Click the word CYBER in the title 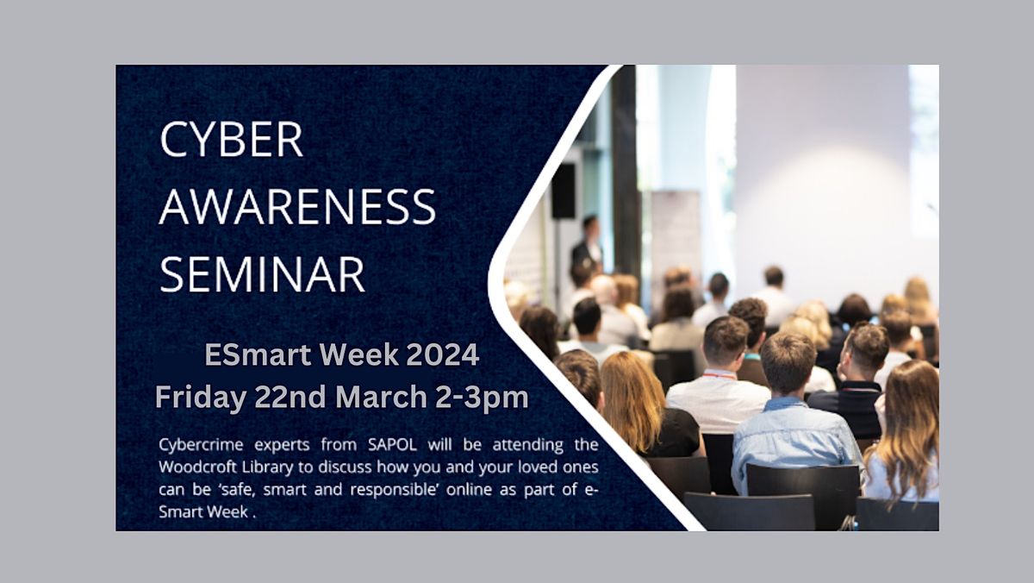(x=231, y=141)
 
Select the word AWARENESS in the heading (x=297, y=208)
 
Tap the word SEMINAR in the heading (x=263, y=274)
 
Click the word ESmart (x=256, y=354)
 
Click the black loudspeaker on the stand (x=563, y=191)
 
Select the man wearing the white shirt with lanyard (x=718, y=379)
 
